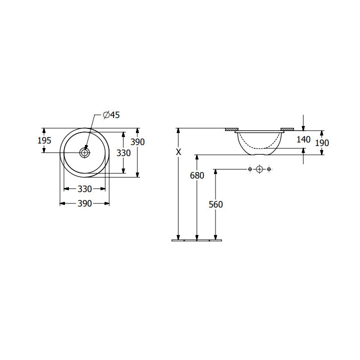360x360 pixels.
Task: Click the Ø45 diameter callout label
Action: pos(111,115)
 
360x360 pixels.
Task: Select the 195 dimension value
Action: pos(44,140)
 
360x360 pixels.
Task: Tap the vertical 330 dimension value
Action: pos(123,153)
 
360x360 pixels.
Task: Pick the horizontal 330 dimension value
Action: pos(84,189)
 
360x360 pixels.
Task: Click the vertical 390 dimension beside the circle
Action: pos(137,142)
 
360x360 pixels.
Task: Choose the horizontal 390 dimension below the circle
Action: pos(84,203)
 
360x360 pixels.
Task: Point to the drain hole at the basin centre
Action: pos(84,152)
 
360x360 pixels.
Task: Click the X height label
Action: pos(178,152)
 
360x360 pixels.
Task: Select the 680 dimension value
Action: pos(197,175)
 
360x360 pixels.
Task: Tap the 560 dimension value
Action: pos(215,204)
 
